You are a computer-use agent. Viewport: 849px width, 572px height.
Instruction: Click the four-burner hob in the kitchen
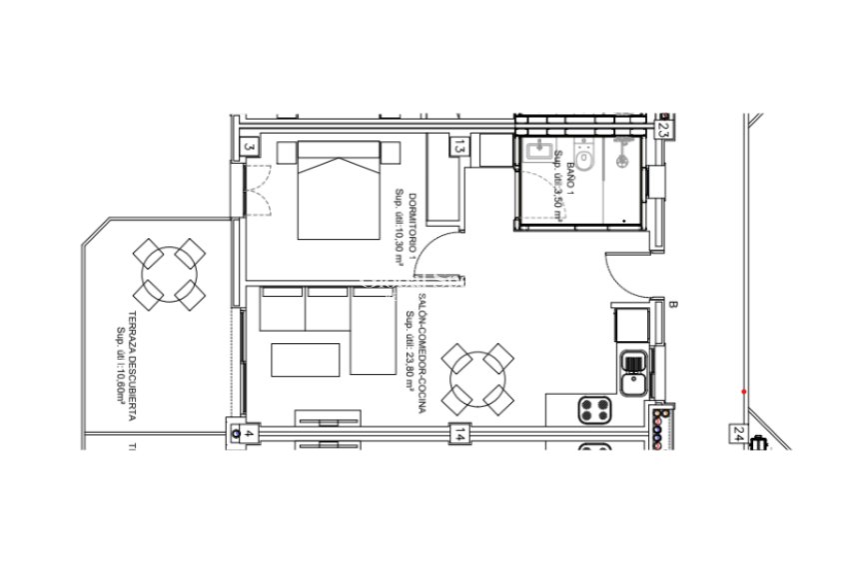[x=596, y=409]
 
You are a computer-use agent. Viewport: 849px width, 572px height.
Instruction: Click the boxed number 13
[x=458, y=148]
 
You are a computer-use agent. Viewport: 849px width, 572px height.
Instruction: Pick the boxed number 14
[x=458, y=434]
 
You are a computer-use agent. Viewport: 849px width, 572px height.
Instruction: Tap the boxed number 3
[x=250, y=148]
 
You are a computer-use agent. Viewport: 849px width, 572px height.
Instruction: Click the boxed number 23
[x=662, y=129]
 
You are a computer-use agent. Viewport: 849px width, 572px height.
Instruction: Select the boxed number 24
[x=738, y=434]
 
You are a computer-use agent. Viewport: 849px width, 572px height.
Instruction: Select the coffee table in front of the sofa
[x=306, y=359]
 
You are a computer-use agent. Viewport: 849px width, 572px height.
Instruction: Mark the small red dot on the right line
[x=744, y=390]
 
